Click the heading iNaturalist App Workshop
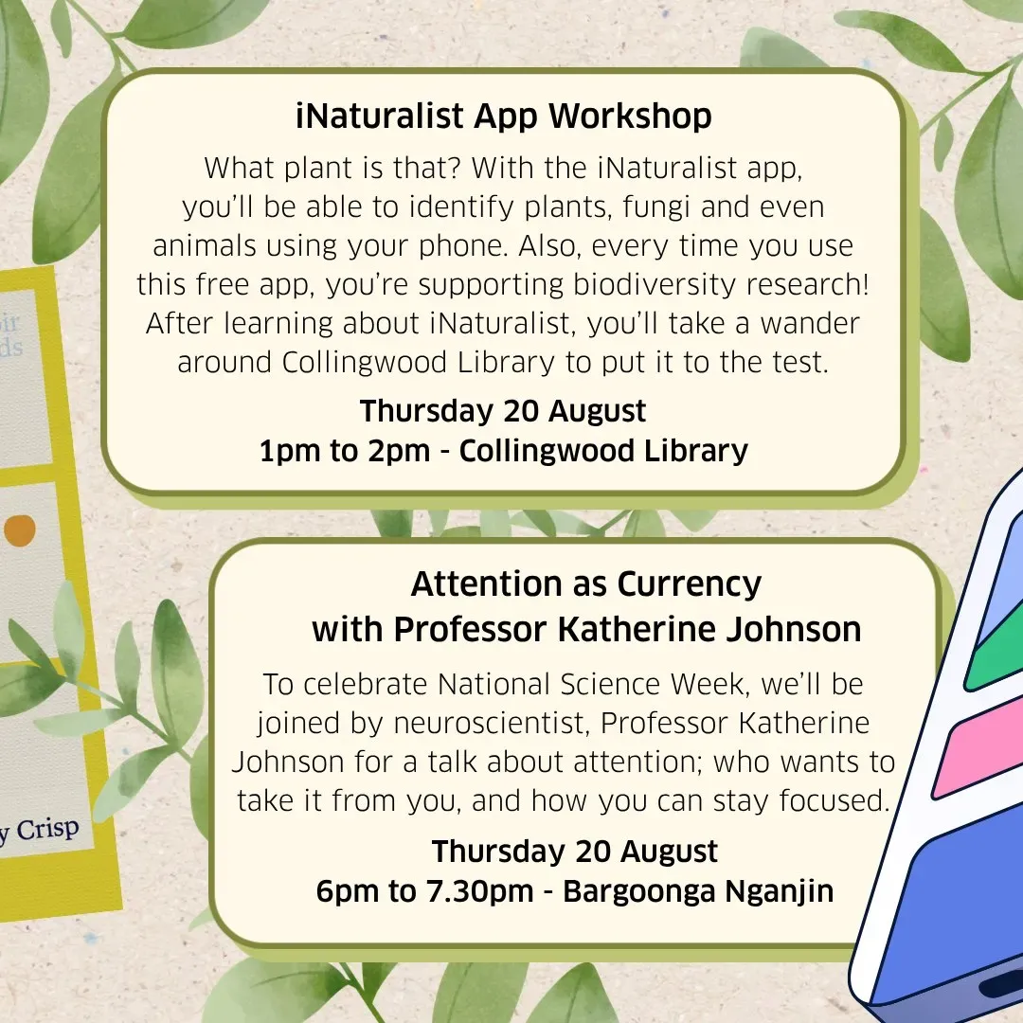[503, 117]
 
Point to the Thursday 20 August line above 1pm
[502, 411]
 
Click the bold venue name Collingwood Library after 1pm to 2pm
[602, 452]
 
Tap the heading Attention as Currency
[586, 583]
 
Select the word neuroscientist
[490, 723]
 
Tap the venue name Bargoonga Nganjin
[698, 892]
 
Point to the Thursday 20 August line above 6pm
[574, 852]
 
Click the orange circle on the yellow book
[20, 530]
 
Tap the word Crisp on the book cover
[47, 829]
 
